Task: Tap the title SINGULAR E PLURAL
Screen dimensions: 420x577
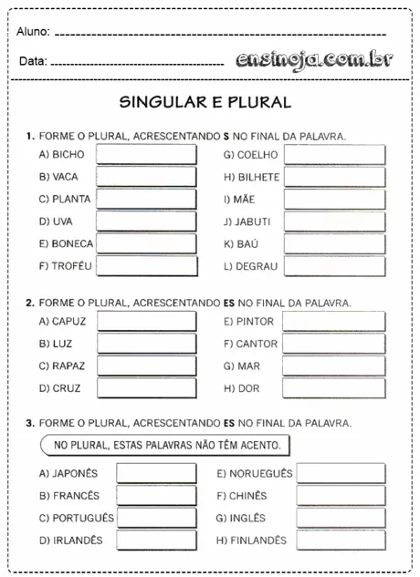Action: tap(205, 102)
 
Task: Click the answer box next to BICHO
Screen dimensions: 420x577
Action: tap(146, 154)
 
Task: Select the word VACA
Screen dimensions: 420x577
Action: tap(66, 176)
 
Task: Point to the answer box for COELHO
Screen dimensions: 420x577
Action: tap(334, 154)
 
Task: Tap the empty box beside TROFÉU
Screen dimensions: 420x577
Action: tap(146, 266)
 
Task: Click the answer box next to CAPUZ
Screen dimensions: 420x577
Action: tap(146, 322)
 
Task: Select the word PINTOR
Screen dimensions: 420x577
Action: tap(255, 322)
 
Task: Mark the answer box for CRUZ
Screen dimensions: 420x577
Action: tap(146, 388)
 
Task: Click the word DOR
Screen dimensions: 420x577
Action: tap(249, 388)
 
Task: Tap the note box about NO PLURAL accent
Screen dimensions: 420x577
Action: tap(167, 446)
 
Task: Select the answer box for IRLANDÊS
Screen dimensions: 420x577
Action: tap(156, 540)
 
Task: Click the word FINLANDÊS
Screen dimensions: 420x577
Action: tap(259, 540)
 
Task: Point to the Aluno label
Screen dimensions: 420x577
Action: tap(32, 34)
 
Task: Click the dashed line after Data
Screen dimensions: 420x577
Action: tap(137, 65)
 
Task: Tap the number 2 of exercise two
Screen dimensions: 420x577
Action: tap(29, 302)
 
